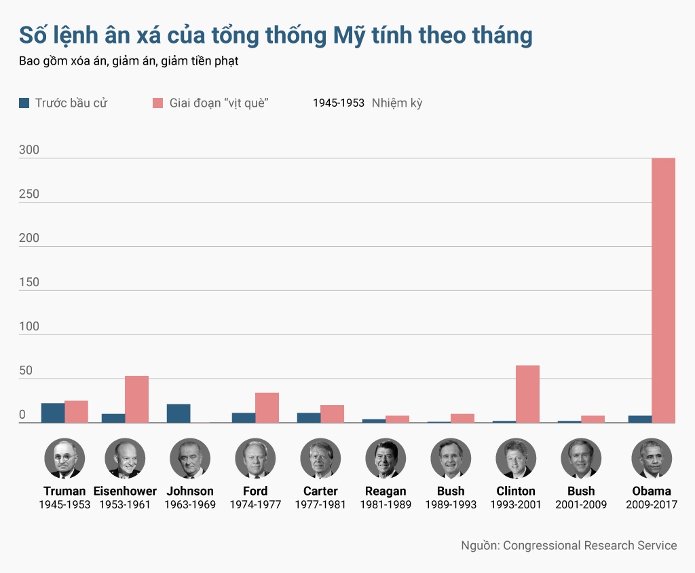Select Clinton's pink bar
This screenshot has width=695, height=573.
(x=527, y=394)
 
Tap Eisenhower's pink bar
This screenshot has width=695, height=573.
(x=136, y=400)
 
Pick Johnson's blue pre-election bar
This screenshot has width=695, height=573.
(x=179, y=413)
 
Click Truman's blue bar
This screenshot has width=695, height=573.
(x=53, y=413)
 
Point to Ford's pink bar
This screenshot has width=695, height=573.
(x=267, y=408)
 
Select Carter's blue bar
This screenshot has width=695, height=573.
(x=309, y=417)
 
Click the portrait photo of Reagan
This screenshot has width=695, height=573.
(x=386, y=458)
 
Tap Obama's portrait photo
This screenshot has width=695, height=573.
(x=652, y=458)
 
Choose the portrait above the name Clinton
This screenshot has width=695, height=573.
(x=516, y=458)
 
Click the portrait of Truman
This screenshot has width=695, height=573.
(x=64, y=458)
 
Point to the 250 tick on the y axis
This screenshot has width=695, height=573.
(x=29, y=194)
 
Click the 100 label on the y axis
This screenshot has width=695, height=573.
(x=29, y=327)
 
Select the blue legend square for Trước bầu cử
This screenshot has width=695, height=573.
(x=24, y=103)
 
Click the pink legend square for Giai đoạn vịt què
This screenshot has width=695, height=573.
(x=157, y=103)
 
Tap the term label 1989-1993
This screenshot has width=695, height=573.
(x=451, y=505)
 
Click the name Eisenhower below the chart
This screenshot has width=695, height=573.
(x=125, y=491)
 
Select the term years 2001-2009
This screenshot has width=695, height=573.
(x=581, y=505)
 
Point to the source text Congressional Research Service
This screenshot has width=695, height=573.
(x=590, y=545)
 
